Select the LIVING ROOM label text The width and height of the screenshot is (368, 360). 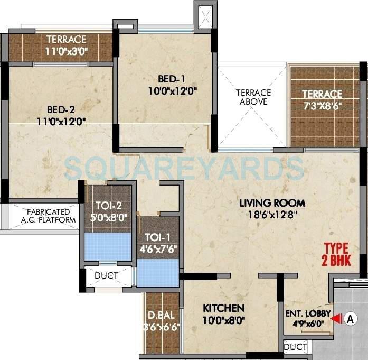(272, 202)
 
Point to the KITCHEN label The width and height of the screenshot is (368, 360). (224, 308)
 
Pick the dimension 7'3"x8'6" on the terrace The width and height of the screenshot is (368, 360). (322, 105)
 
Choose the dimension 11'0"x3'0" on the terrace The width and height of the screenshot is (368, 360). (66, 52)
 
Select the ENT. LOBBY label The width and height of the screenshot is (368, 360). (308, 314)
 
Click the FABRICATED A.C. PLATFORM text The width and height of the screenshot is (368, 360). (44, 215)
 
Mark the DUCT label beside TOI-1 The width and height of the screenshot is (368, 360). (106, 275)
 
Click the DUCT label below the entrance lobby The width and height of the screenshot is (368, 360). (295, 347)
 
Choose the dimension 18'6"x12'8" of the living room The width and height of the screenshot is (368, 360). (272, 214)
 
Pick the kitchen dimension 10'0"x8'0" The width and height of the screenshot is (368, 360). (224, 319)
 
